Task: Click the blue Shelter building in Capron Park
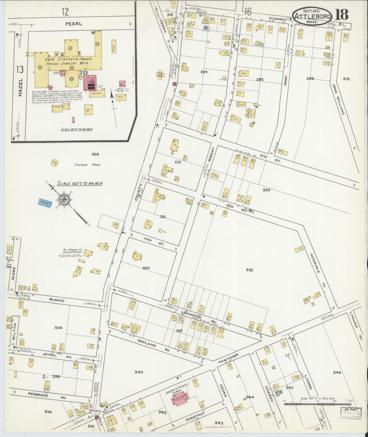pos(45,203)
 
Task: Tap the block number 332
pos(250,270)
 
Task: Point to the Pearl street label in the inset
pos(74,24)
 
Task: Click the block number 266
pos(310,79)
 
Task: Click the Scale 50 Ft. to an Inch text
pos(76,129)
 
